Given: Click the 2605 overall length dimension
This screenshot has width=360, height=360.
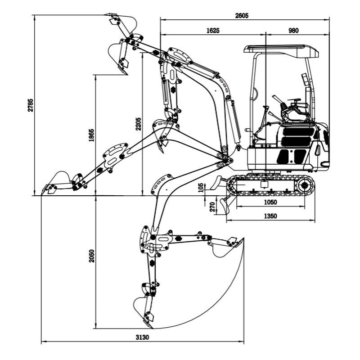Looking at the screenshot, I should (x=242, y=15).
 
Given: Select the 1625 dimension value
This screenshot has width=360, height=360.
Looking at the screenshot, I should (x=213, y=31).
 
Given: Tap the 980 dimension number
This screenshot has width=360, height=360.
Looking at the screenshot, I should (x=293, y=31).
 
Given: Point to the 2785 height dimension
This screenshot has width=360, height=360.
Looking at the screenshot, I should (x=30, y=105).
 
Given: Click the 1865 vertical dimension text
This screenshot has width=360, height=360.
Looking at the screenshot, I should (x=92, y=135).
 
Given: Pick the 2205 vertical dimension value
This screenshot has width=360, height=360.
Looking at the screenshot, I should (x=138, y=124).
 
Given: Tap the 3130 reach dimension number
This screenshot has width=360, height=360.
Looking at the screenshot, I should (x=142, y=337).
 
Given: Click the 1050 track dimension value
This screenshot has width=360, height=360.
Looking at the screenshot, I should (x=270, y=202).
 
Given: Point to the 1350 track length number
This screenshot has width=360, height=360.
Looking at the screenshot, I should (x=270, y=216).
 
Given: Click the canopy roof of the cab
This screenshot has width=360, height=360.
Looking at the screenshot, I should (x=281, y=49).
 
